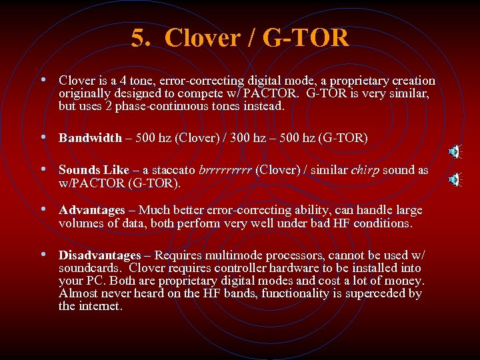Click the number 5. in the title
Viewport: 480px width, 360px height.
[142, 38]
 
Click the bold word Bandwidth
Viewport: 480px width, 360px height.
[90, 138]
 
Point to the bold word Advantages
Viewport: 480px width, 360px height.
[91, 210]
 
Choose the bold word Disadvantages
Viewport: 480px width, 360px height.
[99, 255]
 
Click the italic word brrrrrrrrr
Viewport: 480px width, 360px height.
[224, 170]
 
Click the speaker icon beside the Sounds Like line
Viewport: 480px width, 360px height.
[455, 179]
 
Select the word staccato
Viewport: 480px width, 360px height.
[174, 170]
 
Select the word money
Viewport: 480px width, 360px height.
[403, 281]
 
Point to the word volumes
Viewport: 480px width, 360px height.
[81, 223]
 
